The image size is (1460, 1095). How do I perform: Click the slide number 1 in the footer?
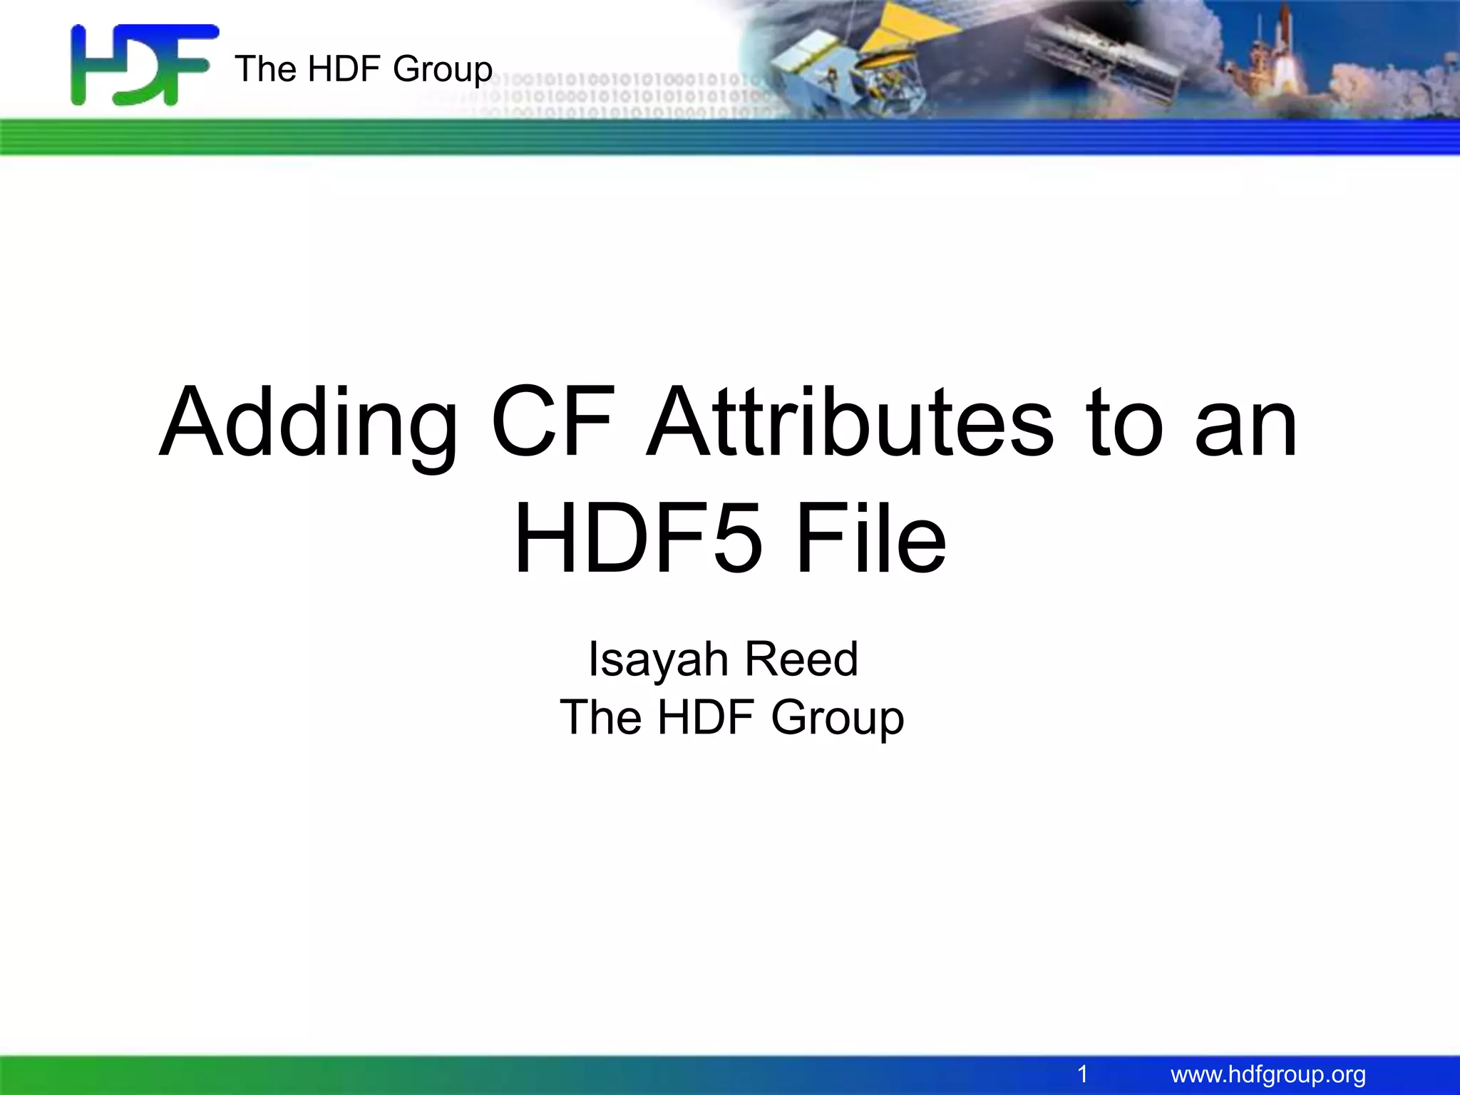(1082, 1074)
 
